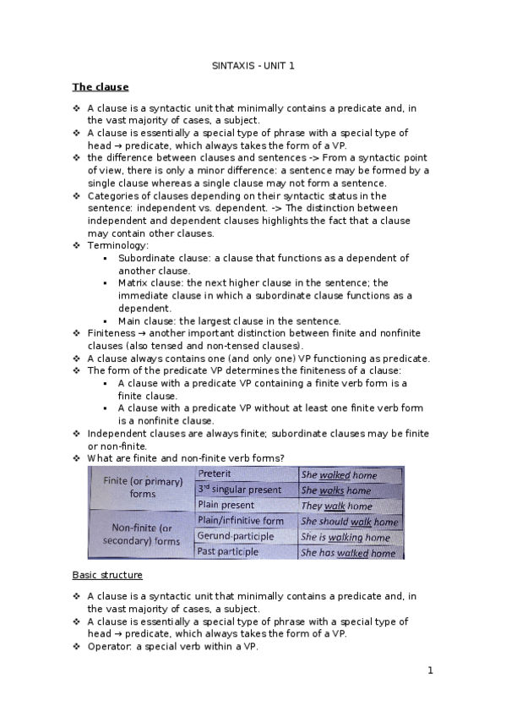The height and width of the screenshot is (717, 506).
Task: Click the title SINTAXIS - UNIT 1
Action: click(253, 65)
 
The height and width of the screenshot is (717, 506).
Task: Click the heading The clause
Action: click(101, 86)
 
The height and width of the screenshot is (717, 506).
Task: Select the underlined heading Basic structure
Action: click(107, 575)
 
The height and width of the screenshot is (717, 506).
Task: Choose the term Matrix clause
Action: click(150, 283)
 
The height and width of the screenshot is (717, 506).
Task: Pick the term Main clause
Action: click(146, 321)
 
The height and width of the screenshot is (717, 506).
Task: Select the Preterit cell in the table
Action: click(215, 474)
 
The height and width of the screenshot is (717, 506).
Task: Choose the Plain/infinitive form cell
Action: click(240, 521)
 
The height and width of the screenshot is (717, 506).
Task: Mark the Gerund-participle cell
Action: click(235, 536)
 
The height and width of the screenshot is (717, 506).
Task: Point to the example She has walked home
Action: click(348, 553)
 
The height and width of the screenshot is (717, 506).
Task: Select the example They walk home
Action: click(336, 506)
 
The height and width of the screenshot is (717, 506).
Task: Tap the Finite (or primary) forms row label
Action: click(142, 487)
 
